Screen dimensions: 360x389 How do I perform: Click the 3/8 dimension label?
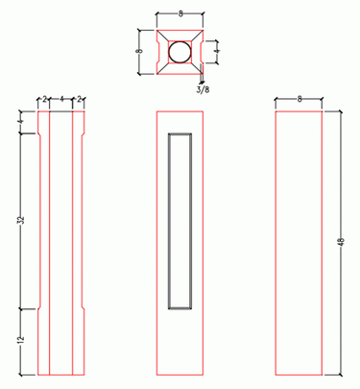pyautogui.click(x=203, y=89)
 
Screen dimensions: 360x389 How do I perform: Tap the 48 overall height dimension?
pyautogui.click(x=341, y=242)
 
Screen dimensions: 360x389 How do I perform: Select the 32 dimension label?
pyautogui.click(x=22, y=220)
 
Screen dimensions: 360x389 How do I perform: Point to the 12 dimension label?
pyautogui.click(x=21, y=339)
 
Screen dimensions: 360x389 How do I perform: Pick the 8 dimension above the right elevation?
pyautogui.click(x=300, y=99)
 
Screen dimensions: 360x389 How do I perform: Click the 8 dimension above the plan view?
pyautogui.click(x=180, y=14)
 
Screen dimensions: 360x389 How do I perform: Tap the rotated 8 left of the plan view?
pyautogui.click(x=139, y=51)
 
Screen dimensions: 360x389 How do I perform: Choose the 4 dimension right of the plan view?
pyautogui.click(x=217, y=51)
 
